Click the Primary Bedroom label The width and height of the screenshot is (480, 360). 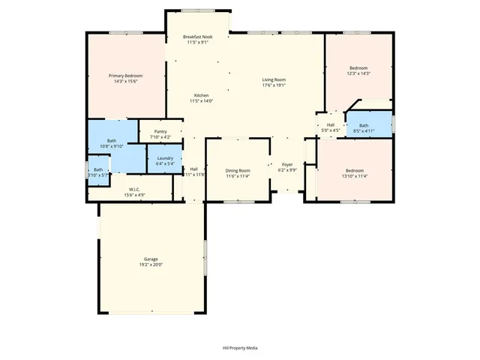(125, 76)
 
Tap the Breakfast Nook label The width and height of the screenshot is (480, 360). (198, 37)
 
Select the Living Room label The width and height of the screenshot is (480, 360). (274, 79)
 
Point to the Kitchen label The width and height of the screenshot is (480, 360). (201, 95)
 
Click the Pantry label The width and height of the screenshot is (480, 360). (160, 132)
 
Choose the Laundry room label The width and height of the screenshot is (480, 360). (165, 157)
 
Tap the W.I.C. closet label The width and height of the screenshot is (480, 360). (135, 189)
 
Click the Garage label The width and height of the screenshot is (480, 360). (151, 259)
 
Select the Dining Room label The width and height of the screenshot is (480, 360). (238, 171)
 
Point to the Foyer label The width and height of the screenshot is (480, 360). (287, 164)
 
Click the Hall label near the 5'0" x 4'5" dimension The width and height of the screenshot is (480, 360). (330, 125)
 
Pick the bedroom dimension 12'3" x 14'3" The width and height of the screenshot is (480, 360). (358, 73)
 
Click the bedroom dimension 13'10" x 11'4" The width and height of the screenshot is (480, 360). (354, 176)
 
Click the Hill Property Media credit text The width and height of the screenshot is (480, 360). (240, 348)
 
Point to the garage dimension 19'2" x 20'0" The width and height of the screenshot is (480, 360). (151, 265)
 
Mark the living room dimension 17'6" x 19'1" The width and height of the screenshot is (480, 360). (274, 85)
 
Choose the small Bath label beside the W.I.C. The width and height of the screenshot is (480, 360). (98, 169)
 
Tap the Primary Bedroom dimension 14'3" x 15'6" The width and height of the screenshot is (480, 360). (125, 82)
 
